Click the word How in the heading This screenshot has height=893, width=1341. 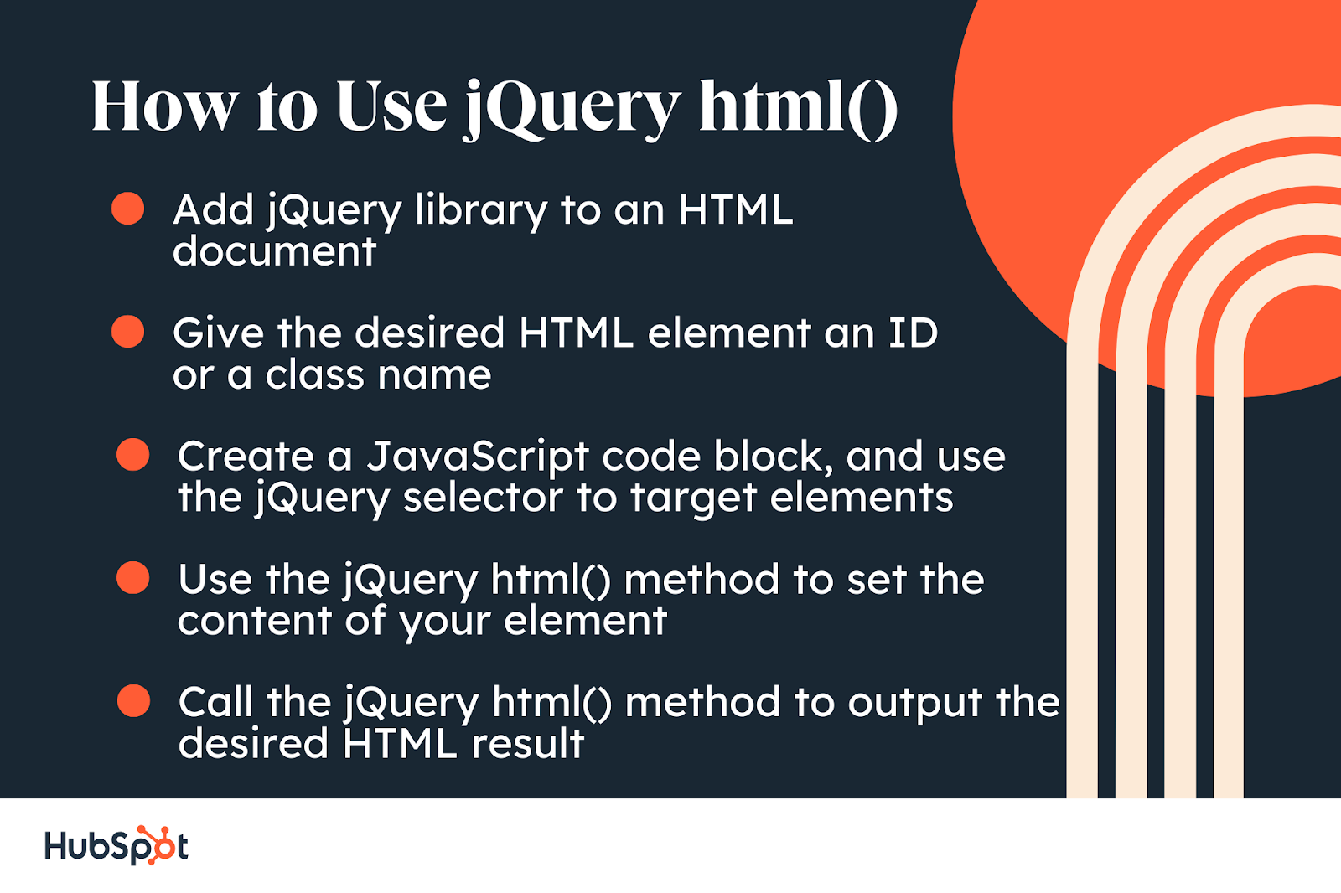[164, 106]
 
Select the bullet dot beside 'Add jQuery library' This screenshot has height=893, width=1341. [127, 209]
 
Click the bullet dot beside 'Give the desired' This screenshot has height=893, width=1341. [127, 331]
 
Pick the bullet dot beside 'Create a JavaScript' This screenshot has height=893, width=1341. [133, 454]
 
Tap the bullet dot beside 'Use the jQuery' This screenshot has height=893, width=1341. [133, 577]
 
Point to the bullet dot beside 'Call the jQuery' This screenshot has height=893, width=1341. [133, 700]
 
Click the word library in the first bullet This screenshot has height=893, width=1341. [481, 210]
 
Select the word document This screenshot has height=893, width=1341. [274, 251]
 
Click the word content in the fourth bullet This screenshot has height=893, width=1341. [255, 621]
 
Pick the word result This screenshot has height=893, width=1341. [527, 743]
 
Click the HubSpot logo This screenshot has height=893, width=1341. [116, 845]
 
